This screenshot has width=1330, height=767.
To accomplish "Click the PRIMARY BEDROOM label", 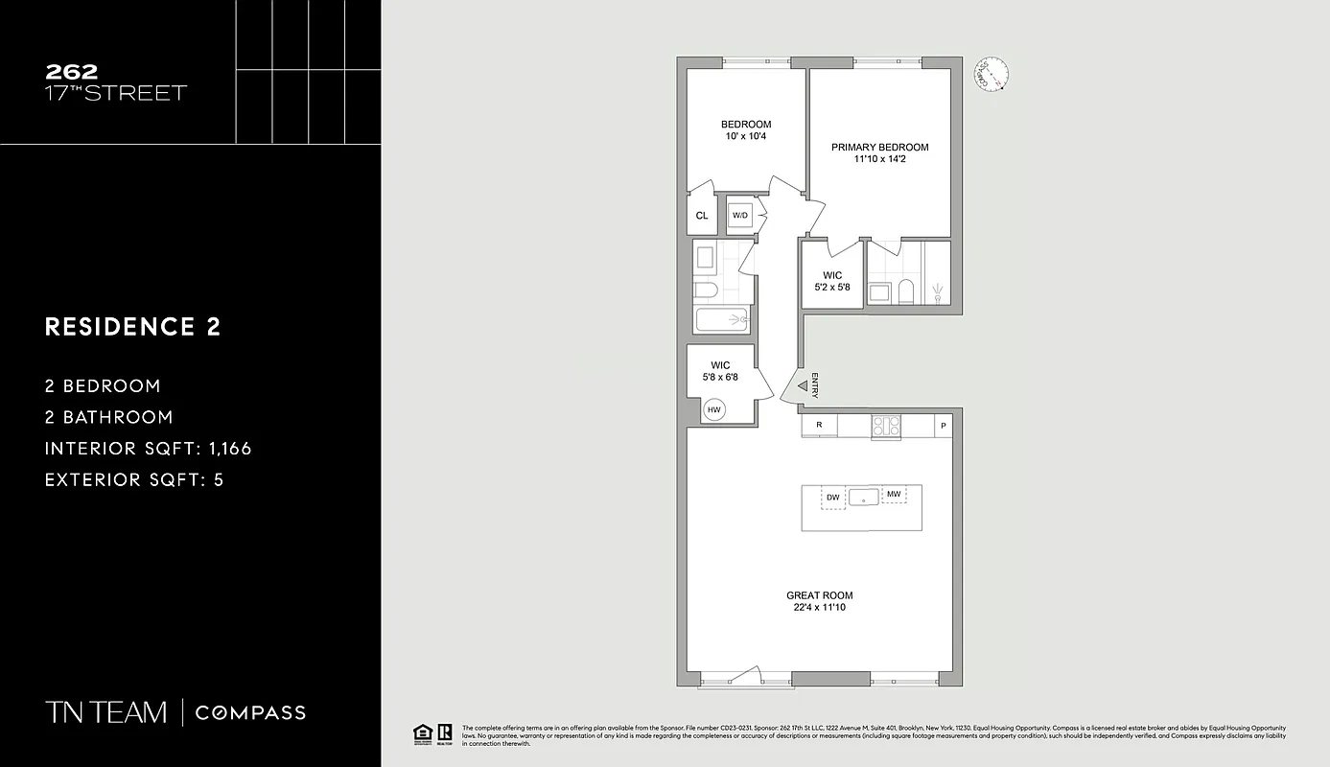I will coord(879,147).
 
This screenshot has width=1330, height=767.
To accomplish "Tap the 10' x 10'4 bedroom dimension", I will coord(745,136).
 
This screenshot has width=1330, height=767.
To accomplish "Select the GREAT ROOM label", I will coord(819,595).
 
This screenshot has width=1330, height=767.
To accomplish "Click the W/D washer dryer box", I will coord(740,216).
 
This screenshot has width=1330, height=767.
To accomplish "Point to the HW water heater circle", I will coord(713,410).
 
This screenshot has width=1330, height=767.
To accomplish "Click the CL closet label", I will coord(702,216).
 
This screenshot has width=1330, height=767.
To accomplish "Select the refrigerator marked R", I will coord(819,425).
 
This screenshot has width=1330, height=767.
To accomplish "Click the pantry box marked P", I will coord(943,426).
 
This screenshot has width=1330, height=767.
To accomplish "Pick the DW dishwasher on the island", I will coord(833,497).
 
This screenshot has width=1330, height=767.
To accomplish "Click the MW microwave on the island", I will coord(894,495).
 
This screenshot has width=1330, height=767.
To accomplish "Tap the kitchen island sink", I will coord(864,497).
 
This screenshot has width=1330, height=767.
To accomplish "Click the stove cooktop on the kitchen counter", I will coord(885,426).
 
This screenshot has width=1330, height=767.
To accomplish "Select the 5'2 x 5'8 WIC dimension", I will coord(830,287).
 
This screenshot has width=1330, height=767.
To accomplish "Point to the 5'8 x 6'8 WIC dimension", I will coord(720,377).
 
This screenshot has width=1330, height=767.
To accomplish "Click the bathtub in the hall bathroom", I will coord(722,319).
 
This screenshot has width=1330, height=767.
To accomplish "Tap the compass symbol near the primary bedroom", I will coord(992,74).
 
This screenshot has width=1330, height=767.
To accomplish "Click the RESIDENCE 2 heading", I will coord(133,327).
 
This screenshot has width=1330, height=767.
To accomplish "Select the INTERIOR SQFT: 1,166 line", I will coord(149,448).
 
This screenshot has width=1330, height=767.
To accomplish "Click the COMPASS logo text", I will coord(250,712).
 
